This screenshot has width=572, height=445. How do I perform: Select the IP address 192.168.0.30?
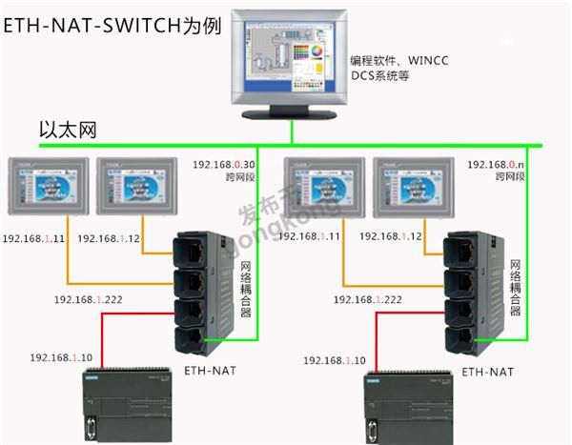(x=223, y=164)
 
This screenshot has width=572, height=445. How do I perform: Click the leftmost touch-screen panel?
(x=47, y=187)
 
